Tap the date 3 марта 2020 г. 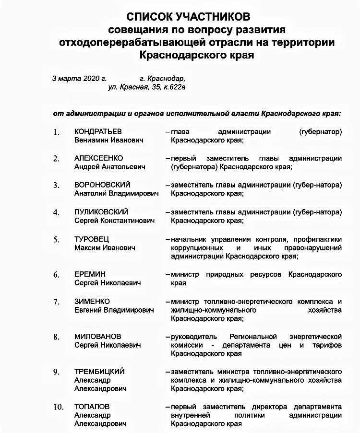(79, 78)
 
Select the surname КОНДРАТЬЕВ (98, 131)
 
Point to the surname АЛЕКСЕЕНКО (98, 158)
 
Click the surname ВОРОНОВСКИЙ (102, 185)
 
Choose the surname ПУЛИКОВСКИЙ (101, 211)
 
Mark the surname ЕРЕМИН (90, 274)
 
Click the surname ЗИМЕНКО (92, 301)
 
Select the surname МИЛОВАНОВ (97, 336)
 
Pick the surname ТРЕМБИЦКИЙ (99, 372)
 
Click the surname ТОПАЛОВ (92, 406)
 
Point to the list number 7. (56, 302)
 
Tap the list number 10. (58, 407)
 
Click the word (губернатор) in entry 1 (320, 131)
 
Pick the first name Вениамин (92, 140)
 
